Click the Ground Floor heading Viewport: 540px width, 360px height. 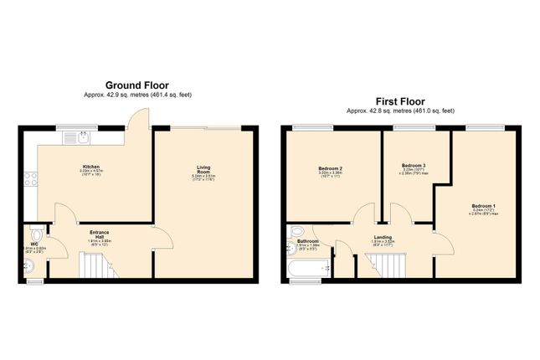(136, 85)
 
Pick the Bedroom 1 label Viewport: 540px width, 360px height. (483, 205)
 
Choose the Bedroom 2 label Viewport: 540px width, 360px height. (330, 168)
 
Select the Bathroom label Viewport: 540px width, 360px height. (308, 241)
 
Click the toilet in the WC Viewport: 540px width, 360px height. (35, 229)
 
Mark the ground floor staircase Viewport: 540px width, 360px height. (96, 266)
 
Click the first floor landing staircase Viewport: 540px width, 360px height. (388, 266)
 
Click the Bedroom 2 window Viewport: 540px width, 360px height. (312, 128)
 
